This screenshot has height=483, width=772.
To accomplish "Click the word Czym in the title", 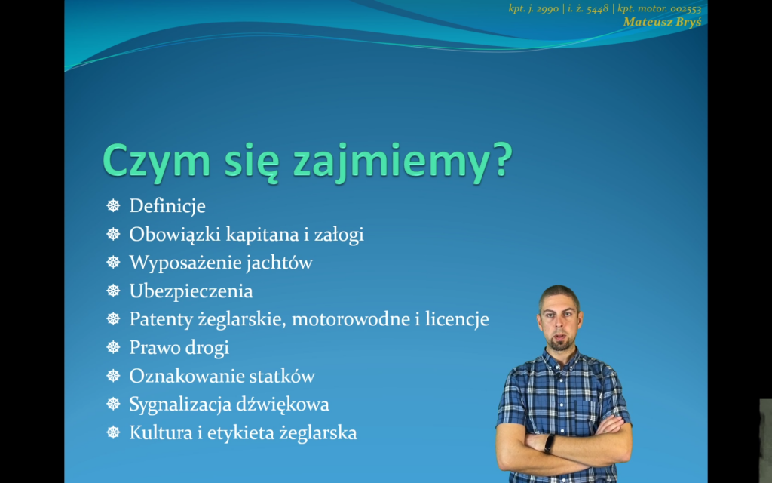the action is pyautogui.click(x=155, y=162).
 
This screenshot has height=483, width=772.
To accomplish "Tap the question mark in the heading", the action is pyautogui.click(x=501, y=159).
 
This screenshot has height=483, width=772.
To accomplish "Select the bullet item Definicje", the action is pyautogui.click(x=167, y=206).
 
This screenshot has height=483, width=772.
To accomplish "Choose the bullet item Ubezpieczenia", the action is pyautogui.click(x=191, y=291).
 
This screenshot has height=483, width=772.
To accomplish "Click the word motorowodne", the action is pyautogui.click(x=351, y=319).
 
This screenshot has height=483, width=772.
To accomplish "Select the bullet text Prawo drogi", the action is pyautogui.click(x=179, y=348).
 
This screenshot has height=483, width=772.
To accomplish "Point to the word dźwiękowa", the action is pyautogui.click(x=283, y=405).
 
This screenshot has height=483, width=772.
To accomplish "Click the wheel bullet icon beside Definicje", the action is pyautogui.click(x=113, y=206).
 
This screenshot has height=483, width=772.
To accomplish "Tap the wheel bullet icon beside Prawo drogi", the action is pyautogui.click(x=113, y=348).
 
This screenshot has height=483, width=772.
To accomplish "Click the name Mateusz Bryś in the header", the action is pyautogui.click(x=662, y=22).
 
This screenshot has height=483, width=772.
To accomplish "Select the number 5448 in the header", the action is pyautogui.click(x=598, y=9).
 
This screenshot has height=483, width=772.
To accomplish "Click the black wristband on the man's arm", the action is pyautogui.click(x=550, y=445).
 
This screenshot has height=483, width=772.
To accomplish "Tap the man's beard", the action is pyautogui.click(x=560, y=342).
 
